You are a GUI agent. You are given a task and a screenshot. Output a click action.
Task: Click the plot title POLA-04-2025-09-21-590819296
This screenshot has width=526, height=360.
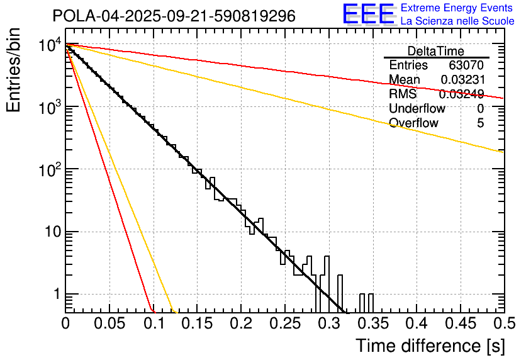tap(174, 16)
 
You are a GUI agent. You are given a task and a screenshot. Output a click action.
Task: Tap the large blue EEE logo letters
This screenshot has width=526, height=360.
tap(368, 15)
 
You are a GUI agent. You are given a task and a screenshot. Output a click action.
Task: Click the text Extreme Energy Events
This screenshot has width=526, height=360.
tap(457, 8)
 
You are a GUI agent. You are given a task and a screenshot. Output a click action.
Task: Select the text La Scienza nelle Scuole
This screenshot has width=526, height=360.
tap(457, 21)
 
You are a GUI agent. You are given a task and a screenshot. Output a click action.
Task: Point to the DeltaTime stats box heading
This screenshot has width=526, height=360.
tap(436, 51)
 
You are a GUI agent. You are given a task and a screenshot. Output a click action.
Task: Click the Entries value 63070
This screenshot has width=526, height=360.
tap(466, 65)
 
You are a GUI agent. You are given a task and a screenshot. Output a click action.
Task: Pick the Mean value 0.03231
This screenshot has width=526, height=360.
tap(462, 79)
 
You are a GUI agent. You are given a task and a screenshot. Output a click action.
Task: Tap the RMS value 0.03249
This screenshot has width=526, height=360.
tap(462, 94)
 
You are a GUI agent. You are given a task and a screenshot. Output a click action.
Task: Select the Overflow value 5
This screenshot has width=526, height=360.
tap(480, 123)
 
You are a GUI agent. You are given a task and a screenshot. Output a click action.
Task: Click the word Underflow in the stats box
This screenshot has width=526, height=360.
tap(417, 108)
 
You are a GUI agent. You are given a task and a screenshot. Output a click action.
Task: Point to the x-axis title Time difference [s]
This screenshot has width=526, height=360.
tap(430, 346)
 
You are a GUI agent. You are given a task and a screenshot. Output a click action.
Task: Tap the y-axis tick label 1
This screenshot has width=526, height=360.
tap(55, 295)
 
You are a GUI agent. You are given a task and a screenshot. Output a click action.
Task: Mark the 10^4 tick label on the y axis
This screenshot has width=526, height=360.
tap(48, 45)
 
